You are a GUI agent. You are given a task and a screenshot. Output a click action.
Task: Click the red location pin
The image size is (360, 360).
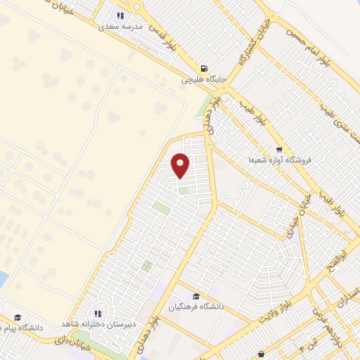(181, 165)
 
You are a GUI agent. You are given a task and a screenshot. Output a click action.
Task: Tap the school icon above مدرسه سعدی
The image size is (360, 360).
(120, 15)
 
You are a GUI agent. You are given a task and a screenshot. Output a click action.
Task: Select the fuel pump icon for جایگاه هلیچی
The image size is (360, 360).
(204, 68)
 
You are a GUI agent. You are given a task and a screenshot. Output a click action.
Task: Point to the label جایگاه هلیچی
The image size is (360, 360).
(204, 79)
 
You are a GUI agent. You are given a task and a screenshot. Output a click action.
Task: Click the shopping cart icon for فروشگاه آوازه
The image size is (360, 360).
(279, 149)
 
